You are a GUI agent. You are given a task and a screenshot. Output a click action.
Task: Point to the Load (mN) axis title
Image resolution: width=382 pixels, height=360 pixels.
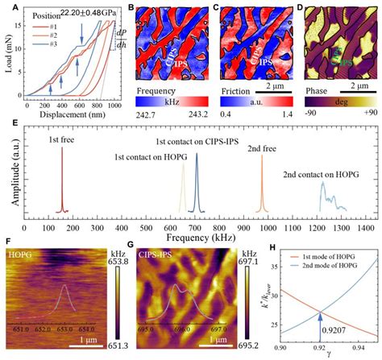tap(10, 56)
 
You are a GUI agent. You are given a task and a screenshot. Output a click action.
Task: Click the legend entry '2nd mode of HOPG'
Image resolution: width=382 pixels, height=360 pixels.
tap(334, 264)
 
